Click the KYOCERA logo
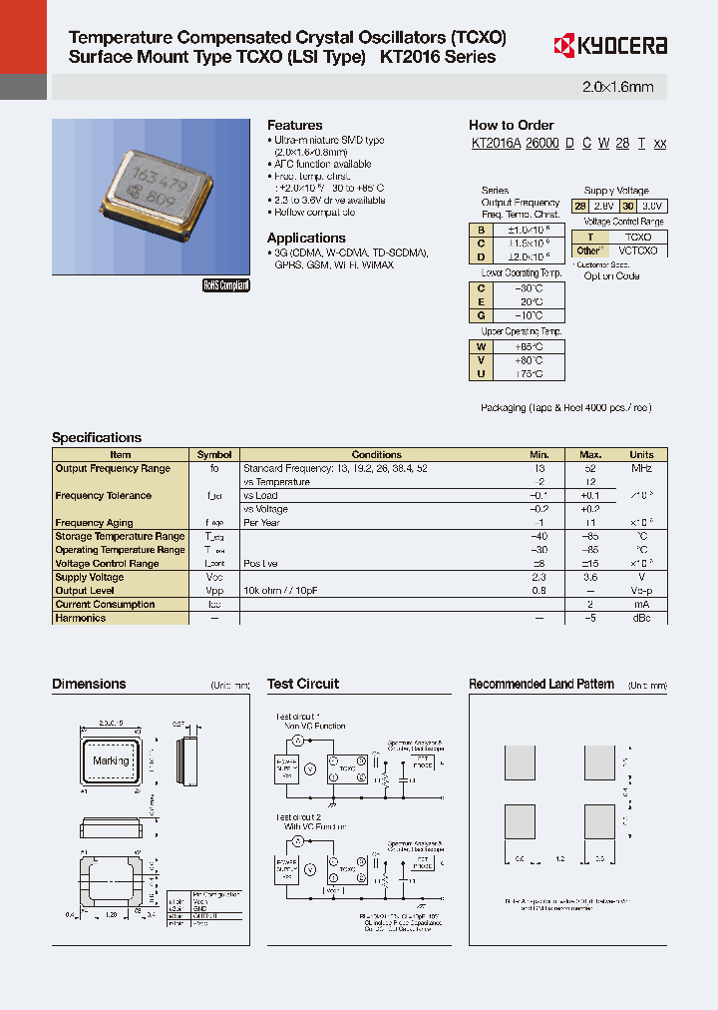click(x=609, y=46)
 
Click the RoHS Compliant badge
click(x=226, y=285)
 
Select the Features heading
click(x=294, y=125)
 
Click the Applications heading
click(x=306, y=238)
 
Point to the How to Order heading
click(x=511, y=125)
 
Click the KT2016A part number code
click(x=496, y=144)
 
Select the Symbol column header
click(x=214, y=455)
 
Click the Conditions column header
click(x=376, y=455)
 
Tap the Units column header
click(x=641, y=455)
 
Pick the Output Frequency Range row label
click(x=113, y=468)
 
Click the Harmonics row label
click(x=81, y=618)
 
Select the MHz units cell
click(x=641, y=468)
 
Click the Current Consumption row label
click(x=106, y=604)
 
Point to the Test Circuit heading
click(x=303, y=684)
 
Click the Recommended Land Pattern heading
click(x=541, y=684)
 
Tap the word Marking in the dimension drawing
click(x=111, y=760)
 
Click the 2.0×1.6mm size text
click(x=617, y=88)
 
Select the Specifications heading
click(x=97, y=437)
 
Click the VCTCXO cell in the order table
click(x=637, y=251)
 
